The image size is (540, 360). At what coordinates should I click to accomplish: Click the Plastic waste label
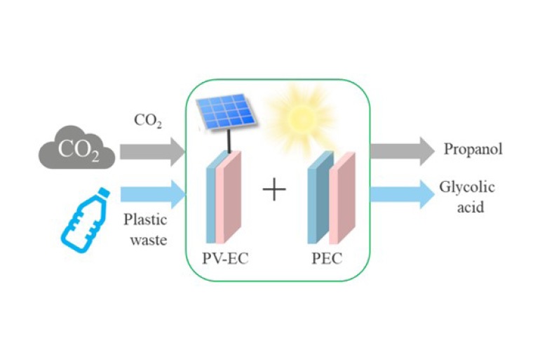pyautogui.click(x=144, y=229)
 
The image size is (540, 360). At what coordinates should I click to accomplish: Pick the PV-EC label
pyautogui.click(x=226, y=258)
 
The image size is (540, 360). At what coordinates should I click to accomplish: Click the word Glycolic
pyautogui.click(x=467, y=187)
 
